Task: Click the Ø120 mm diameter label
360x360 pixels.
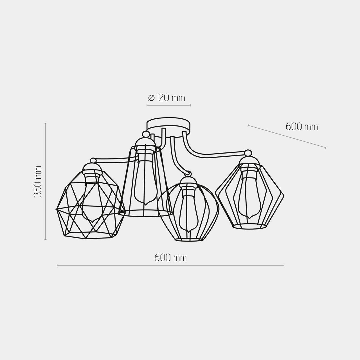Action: tap(167, 98)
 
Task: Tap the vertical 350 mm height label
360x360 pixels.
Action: tap(38, 181)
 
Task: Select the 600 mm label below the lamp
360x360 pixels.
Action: tap(170, 258)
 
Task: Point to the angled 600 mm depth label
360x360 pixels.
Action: tap(302, 127)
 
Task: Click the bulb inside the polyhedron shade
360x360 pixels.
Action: tap(92, 201)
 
